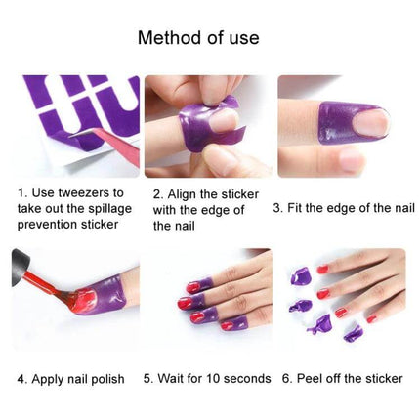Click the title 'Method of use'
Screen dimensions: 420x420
tap(198, 38)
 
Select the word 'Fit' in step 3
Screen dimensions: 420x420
tap(300, 207)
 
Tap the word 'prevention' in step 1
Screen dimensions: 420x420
tap(49, 225)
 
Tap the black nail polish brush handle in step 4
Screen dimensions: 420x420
tap(20, 269)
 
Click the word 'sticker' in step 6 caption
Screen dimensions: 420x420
tap(389, 377)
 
